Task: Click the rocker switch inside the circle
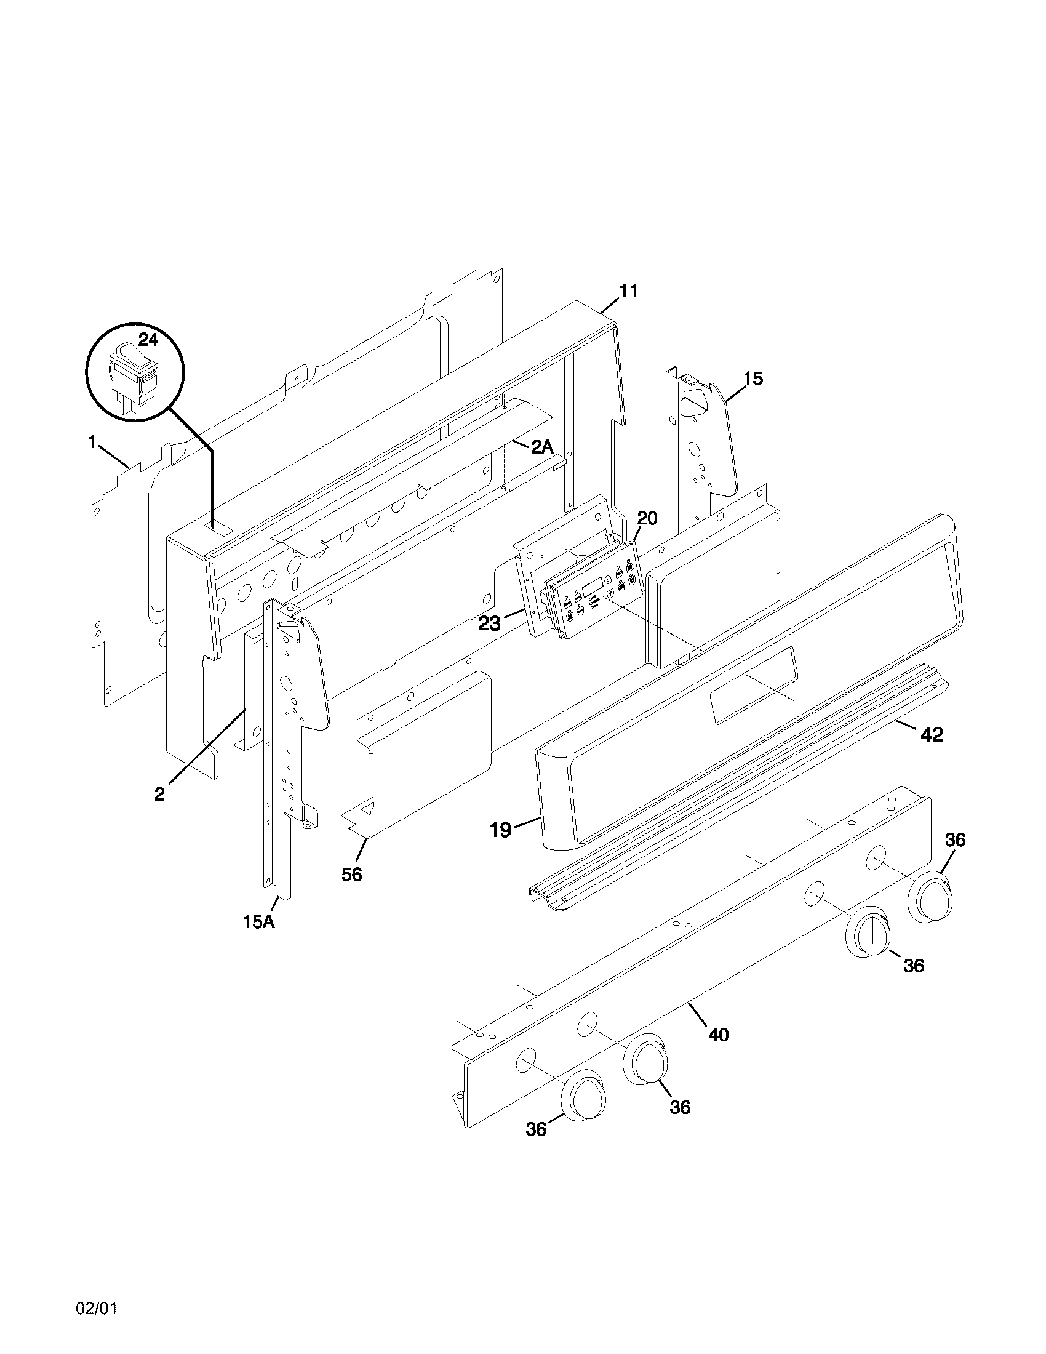(x=133, y=375)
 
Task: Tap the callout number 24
(x=148, y=339)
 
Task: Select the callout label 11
(x=628, y=290)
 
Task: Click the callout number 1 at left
(x=92, y=442)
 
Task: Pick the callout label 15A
(x=258, y=939)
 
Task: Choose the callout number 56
(x=351, y=874)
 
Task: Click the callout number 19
(x=501, y=830)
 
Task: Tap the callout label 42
(x=932, y=735)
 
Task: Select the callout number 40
(x=718, y=1035)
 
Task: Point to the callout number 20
(x=647, y=518)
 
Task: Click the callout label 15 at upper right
(x=753, y=378)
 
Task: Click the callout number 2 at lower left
(x=160, y=794)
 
